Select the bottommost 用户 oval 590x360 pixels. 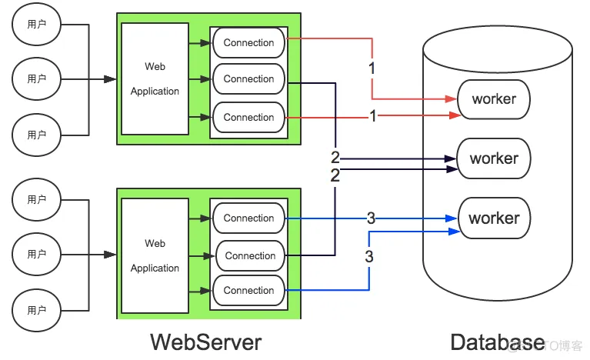click(x=36, y=310)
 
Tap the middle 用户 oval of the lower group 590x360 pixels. click(x=36, y=254)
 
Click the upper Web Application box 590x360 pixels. click(x=155, y=78)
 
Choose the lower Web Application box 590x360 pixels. click(x=155, y=255)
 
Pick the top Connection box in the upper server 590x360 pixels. click(x=248, y=43)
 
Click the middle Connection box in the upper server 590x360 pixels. click(x=248, y=79)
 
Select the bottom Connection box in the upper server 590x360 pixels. click(x=248, y=118)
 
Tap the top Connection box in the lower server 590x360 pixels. click(x=248, y=218)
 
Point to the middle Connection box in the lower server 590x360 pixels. click(x=249, y=255)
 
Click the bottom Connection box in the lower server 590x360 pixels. click(x=248, y=291)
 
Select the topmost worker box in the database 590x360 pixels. click(x=494, y=99)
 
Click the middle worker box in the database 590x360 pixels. click(x=494, y=158)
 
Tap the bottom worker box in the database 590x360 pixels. click(x=494, y=218)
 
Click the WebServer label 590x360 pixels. click(x=205, y=342)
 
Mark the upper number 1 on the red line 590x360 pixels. click(x=372, y=68)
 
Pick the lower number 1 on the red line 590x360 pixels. click(x=373, y=117)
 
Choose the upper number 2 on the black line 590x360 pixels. click(x=335, y=158)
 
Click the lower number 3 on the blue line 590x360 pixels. click(x=369, y=256)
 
